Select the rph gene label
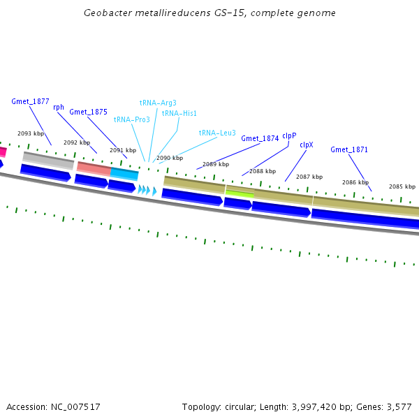(x=59, y=107)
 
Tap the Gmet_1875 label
(x=88, y=112)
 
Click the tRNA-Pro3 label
(x=131, y=119)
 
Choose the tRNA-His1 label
(x=179, y=113)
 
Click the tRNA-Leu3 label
(x=217, y=133)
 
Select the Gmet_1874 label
(x=260, y=138)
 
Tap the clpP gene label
(x=289, y=135)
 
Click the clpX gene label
(x=307, y=145)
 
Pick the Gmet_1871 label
(x=349, y=149)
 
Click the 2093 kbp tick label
(x=31, y=133)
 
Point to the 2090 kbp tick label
(x=170, y=158)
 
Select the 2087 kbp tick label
(x=309, y=177)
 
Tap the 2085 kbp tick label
(x=402, y=186)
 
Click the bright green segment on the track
(x=240, y=193)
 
